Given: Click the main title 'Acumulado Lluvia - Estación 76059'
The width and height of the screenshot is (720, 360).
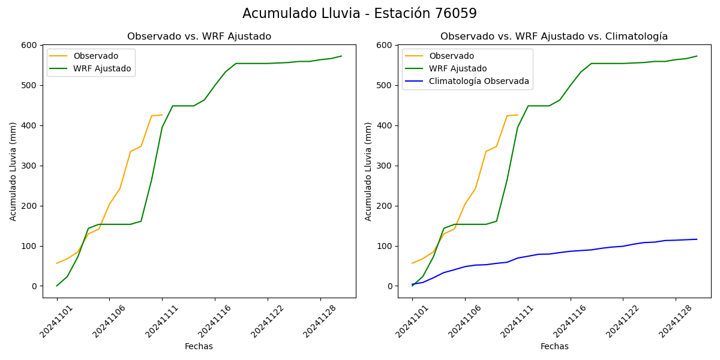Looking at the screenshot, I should click(359, 13).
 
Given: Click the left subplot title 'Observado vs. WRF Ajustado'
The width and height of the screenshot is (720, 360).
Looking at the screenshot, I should click(199, 37).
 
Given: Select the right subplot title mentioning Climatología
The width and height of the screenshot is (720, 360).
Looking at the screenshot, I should click(554, 37).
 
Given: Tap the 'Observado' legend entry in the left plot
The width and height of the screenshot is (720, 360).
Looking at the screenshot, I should click(95, 56).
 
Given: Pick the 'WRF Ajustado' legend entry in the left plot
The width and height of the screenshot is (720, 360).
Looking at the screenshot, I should click(102, 68).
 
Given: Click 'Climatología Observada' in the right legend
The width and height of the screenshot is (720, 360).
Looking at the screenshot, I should click(478, 81).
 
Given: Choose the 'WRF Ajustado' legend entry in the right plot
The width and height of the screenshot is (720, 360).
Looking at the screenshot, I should click(458, 68).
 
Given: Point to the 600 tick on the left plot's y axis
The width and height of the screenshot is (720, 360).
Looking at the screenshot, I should click(29, 45).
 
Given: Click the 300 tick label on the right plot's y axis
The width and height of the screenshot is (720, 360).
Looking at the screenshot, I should click(385, 166).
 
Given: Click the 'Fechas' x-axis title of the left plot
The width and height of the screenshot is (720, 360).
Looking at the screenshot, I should click(199, 346).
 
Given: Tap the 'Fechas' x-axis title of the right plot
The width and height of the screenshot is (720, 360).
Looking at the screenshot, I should click(554, 346).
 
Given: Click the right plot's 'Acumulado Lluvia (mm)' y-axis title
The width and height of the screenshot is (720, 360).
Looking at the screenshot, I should click(368, 171).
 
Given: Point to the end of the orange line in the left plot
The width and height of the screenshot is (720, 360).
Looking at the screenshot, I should click(162, 115).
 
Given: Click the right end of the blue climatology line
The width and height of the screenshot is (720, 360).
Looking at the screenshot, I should click(697, 239).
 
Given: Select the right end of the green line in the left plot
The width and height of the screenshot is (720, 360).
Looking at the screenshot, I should click(341, 56).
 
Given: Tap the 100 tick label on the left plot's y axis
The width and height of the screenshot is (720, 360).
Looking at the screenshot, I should click(29, 246).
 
